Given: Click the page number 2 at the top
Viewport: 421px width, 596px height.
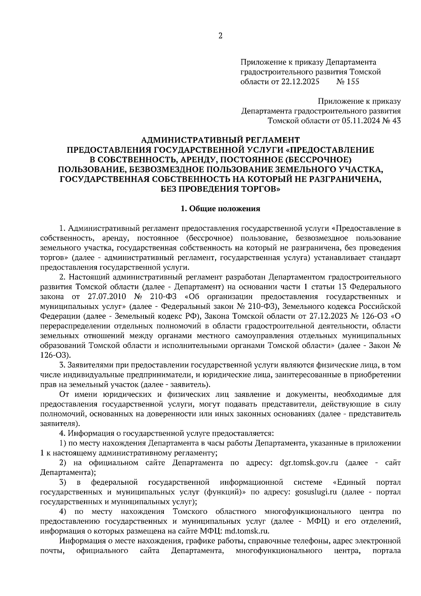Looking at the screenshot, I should [x=220, y=36].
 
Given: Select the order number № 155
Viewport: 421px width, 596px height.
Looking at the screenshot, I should [x=348, y=82].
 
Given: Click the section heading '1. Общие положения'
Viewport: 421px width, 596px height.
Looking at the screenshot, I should [x=220, y=209].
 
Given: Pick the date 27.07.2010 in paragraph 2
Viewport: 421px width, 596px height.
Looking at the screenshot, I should [x=107, y=296].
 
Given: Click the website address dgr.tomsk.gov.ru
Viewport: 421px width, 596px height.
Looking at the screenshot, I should [x=308, y=463].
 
